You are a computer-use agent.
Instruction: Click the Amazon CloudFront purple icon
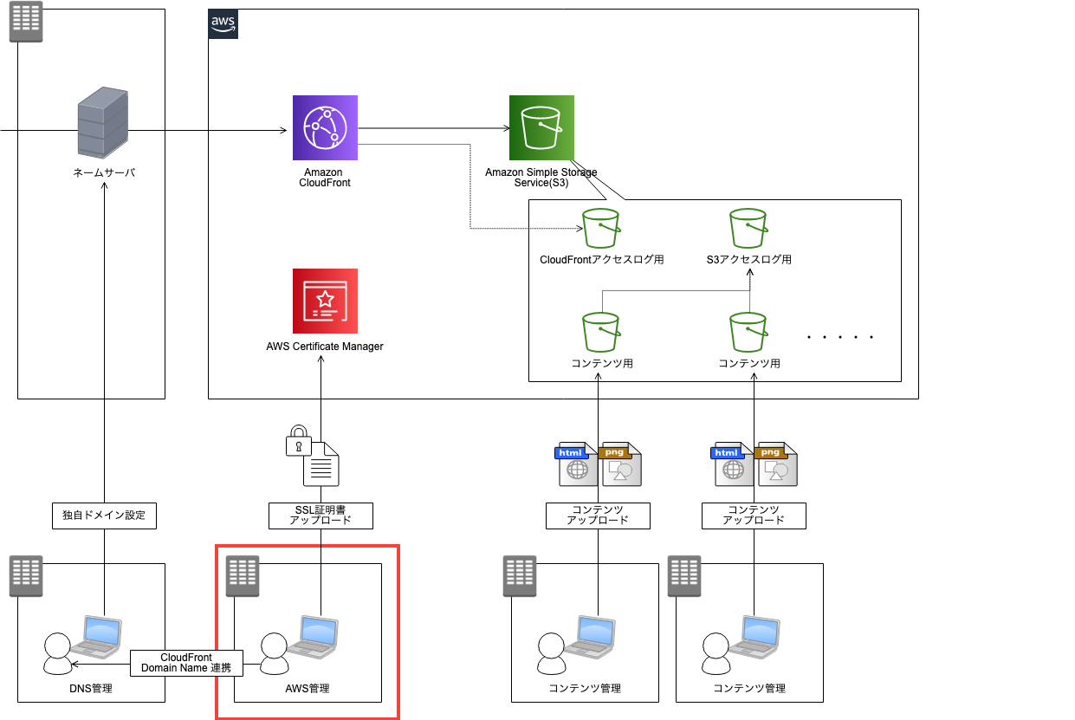coord(325,128)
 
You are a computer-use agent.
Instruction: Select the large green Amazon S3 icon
coord(541,128)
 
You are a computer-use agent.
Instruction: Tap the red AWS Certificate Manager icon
coord(325,301)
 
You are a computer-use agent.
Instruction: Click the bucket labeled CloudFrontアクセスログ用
coord(601,229)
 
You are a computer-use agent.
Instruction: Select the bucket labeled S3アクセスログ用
coord(748,229)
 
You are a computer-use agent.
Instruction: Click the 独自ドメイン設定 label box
coord(104,516)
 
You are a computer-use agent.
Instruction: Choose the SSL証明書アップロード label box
coord(321,516)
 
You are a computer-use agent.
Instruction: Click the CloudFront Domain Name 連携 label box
coord(186,664)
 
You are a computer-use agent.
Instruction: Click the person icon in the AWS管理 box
coord(274,653)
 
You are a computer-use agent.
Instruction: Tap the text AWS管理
coord(308,689)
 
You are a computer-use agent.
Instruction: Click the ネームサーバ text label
coord(104,173)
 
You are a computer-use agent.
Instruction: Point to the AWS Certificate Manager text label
coord(325,347)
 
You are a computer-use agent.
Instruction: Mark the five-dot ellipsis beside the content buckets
coord(840,337)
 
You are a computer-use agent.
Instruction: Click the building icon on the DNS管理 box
coord(26,576)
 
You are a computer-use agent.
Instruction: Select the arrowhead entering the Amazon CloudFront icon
coord(283,131)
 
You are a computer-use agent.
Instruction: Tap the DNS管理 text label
coord(91,689)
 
